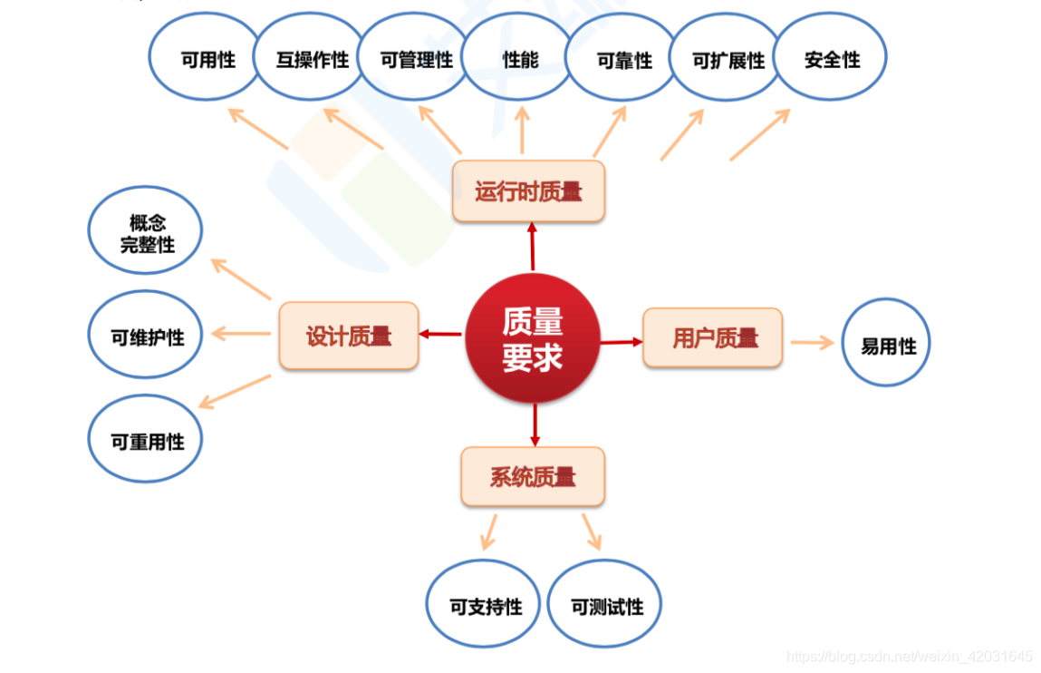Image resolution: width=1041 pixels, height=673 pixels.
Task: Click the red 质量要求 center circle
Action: click(x=533, y=338)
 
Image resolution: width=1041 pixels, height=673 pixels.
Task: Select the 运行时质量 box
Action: click(x=528, y=191)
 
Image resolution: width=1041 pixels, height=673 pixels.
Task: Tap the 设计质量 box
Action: click(x=349, y=336)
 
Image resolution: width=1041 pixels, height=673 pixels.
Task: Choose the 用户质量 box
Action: click(x=713, y=337)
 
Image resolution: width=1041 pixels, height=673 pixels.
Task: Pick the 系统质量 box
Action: click(x=533, y=476)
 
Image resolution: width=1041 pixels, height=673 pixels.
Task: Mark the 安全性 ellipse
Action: click(x=831, y=58)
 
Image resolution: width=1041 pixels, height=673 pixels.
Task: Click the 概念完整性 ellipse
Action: click(x=145, y=233)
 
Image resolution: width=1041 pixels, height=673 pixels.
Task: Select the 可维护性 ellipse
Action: click(x=145, y=336)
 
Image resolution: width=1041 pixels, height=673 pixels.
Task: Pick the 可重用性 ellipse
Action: click(x=145, y=441)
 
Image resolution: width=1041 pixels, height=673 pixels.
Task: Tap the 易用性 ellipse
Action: click(x=886, y=345)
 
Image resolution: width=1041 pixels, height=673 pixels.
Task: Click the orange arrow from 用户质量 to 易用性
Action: click(x=812, y=342)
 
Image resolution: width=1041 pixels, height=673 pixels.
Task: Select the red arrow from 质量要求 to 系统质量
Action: click(x=535, y=424)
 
